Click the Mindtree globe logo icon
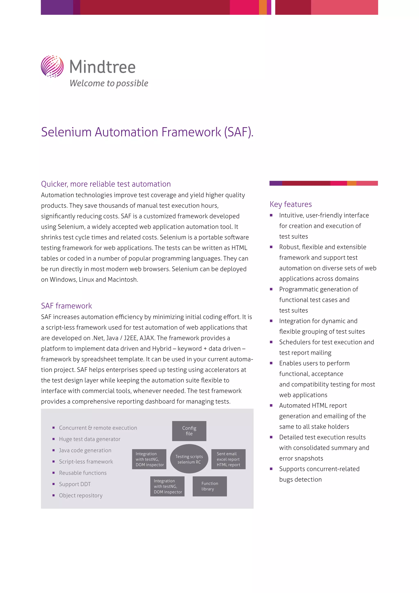[52, 66]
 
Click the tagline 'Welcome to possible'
[109, 83]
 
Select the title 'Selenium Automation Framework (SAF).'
[147, 132]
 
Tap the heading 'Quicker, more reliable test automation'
[106, 184]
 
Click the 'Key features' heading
[291, 204]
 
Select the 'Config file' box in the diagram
[189, 431]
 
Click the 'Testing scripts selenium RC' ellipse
[189, 459]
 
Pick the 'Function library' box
[209, 486]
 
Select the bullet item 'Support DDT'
[75, 484]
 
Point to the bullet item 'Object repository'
[81, 495]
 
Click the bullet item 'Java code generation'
[85, 450]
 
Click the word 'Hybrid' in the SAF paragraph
[162, 349]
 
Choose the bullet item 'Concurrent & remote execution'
[98, 428]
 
